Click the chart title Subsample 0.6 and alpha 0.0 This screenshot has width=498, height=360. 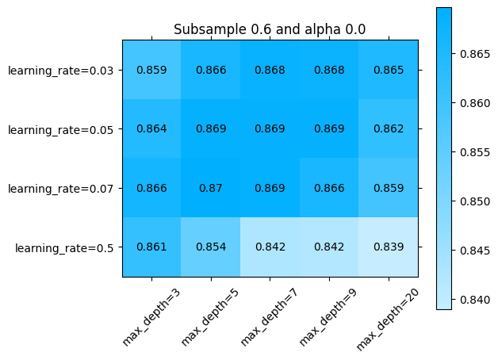[270, 29]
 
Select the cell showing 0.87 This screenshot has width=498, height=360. [211, 188]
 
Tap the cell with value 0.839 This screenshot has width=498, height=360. [389, 247]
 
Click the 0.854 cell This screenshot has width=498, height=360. [211, 247]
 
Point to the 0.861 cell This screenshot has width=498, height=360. [151, 247]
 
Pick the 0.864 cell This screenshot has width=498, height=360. [151, 129]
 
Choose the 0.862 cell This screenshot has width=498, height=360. [389, 129]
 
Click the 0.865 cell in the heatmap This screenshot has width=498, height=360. [389, 70]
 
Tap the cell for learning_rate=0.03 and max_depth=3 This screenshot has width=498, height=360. [151, 70]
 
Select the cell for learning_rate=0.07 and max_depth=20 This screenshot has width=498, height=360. [389, 188]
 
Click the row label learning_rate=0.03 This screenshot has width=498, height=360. [60, 71]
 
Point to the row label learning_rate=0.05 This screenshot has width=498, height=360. [60, 129]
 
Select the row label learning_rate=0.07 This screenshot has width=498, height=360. [60, 189]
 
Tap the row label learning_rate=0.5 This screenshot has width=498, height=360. [64, 248]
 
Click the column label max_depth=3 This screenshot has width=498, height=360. [151, 316]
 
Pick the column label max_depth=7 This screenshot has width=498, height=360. [270, 316]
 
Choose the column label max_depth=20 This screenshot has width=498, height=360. [388, 319]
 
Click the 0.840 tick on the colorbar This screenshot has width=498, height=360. [475, 300]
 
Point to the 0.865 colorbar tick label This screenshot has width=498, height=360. [475, 54]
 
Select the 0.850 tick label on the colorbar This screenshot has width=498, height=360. [475, 201]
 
